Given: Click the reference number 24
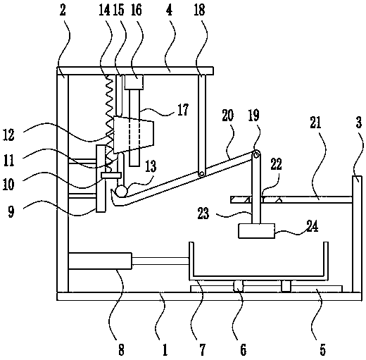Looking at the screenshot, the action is [x=312, y=226].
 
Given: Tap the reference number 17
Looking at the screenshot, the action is [x=183, y=110].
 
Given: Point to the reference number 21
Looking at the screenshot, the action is [x=315, y=122].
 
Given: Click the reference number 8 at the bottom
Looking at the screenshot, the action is [x=121, y=350].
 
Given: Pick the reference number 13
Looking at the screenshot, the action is [x=151, y=166].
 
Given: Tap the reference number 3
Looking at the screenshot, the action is [x=359, y=123].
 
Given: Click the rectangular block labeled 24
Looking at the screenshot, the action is [x=256, y=231].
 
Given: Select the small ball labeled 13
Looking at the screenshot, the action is [x=122, y=191].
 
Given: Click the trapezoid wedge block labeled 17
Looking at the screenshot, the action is [x=133, y=135].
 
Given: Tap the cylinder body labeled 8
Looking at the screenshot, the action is [x=100, y=261].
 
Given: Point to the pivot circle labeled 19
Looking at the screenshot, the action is [x=256, y=154].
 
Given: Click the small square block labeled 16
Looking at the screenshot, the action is [x=134, y=82].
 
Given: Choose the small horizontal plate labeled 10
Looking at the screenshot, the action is [x=111, y=175].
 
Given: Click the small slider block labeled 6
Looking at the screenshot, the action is [x=239, y=286].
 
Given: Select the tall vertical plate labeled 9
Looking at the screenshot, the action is [x=101, y=178].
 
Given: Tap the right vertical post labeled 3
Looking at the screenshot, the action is [x=357, y=234].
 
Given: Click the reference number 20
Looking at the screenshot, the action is [x=227, y=116].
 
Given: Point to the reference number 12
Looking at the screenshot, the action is [x=8, y=135].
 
